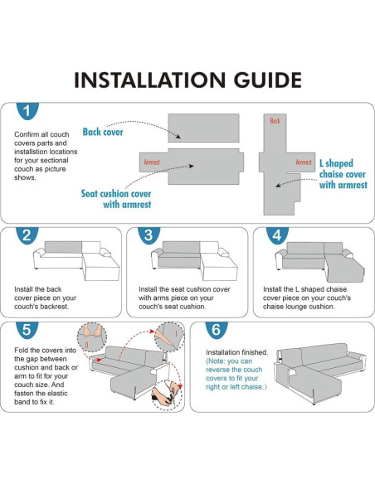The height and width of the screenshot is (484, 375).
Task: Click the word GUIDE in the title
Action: pyautogui.click(x=267, y=80)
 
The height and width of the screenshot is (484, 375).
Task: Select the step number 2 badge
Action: pyautogui.click(x=27, y=235)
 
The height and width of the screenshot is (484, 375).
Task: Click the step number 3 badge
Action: pyautogui.click(x=149, y=235)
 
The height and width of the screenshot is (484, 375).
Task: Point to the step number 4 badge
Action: pyautogui.click(x=277, y=235)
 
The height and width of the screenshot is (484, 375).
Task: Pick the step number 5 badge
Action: pyautogui.click(x=27, y=330)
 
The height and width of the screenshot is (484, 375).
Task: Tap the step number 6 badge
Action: pyautogui.click(x=217, y=330)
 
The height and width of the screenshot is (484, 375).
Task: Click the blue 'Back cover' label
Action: pyautogui.click(x=103, y=132)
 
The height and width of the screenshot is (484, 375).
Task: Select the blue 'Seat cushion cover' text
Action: pyautogui.click(x=116, y=194)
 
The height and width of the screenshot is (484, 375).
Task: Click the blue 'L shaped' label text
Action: pyautogui.click(x=336, y=163)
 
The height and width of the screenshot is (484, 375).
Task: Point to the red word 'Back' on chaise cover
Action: pyautogui.click(x=275, y=121)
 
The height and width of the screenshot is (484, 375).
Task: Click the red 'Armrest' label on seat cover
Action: pyautogui.click(x=152, y=162)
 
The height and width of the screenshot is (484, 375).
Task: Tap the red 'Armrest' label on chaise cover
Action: pyautogui.click(x=304, y=162)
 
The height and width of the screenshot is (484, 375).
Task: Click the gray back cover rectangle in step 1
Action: pyautogui.click(x=203, y=128)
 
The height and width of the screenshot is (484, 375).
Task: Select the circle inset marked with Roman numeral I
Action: pyautogui.click(x=169, y=337)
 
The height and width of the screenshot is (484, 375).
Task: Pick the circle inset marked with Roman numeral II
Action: pyautogui.click(x=92, y=337)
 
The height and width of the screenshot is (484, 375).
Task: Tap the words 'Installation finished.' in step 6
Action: pyautogui.click(x=237, y=352)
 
